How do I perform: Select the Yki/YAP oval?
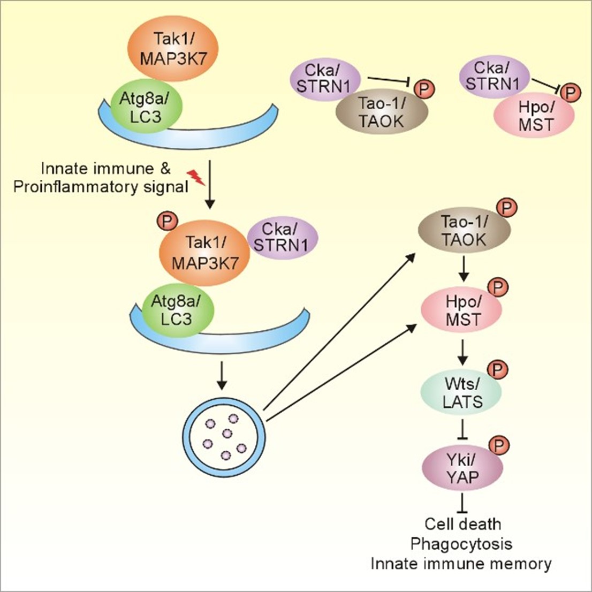pyautogui.click(x=462, y=469)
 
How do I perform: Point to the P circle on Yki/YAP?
pyautogui.click(x=500, y=445)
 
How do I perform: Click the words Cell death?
pyautogui.click(x=462, y=523)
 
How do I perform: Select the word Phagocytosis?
pyautogui.click(x=461, y=544)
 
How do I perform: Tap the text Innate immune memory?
pyautogui.click(x=461, y=564)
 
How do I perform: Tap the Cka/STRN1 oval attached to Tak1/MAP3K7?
pyautogui.click(x=282, y=237)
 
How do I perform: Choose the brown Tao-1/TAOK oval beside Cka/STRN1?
pyautogui.click(x=381, y=112)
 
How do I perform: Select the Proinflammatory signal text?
pyautogui.click(x=100, y=187)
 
